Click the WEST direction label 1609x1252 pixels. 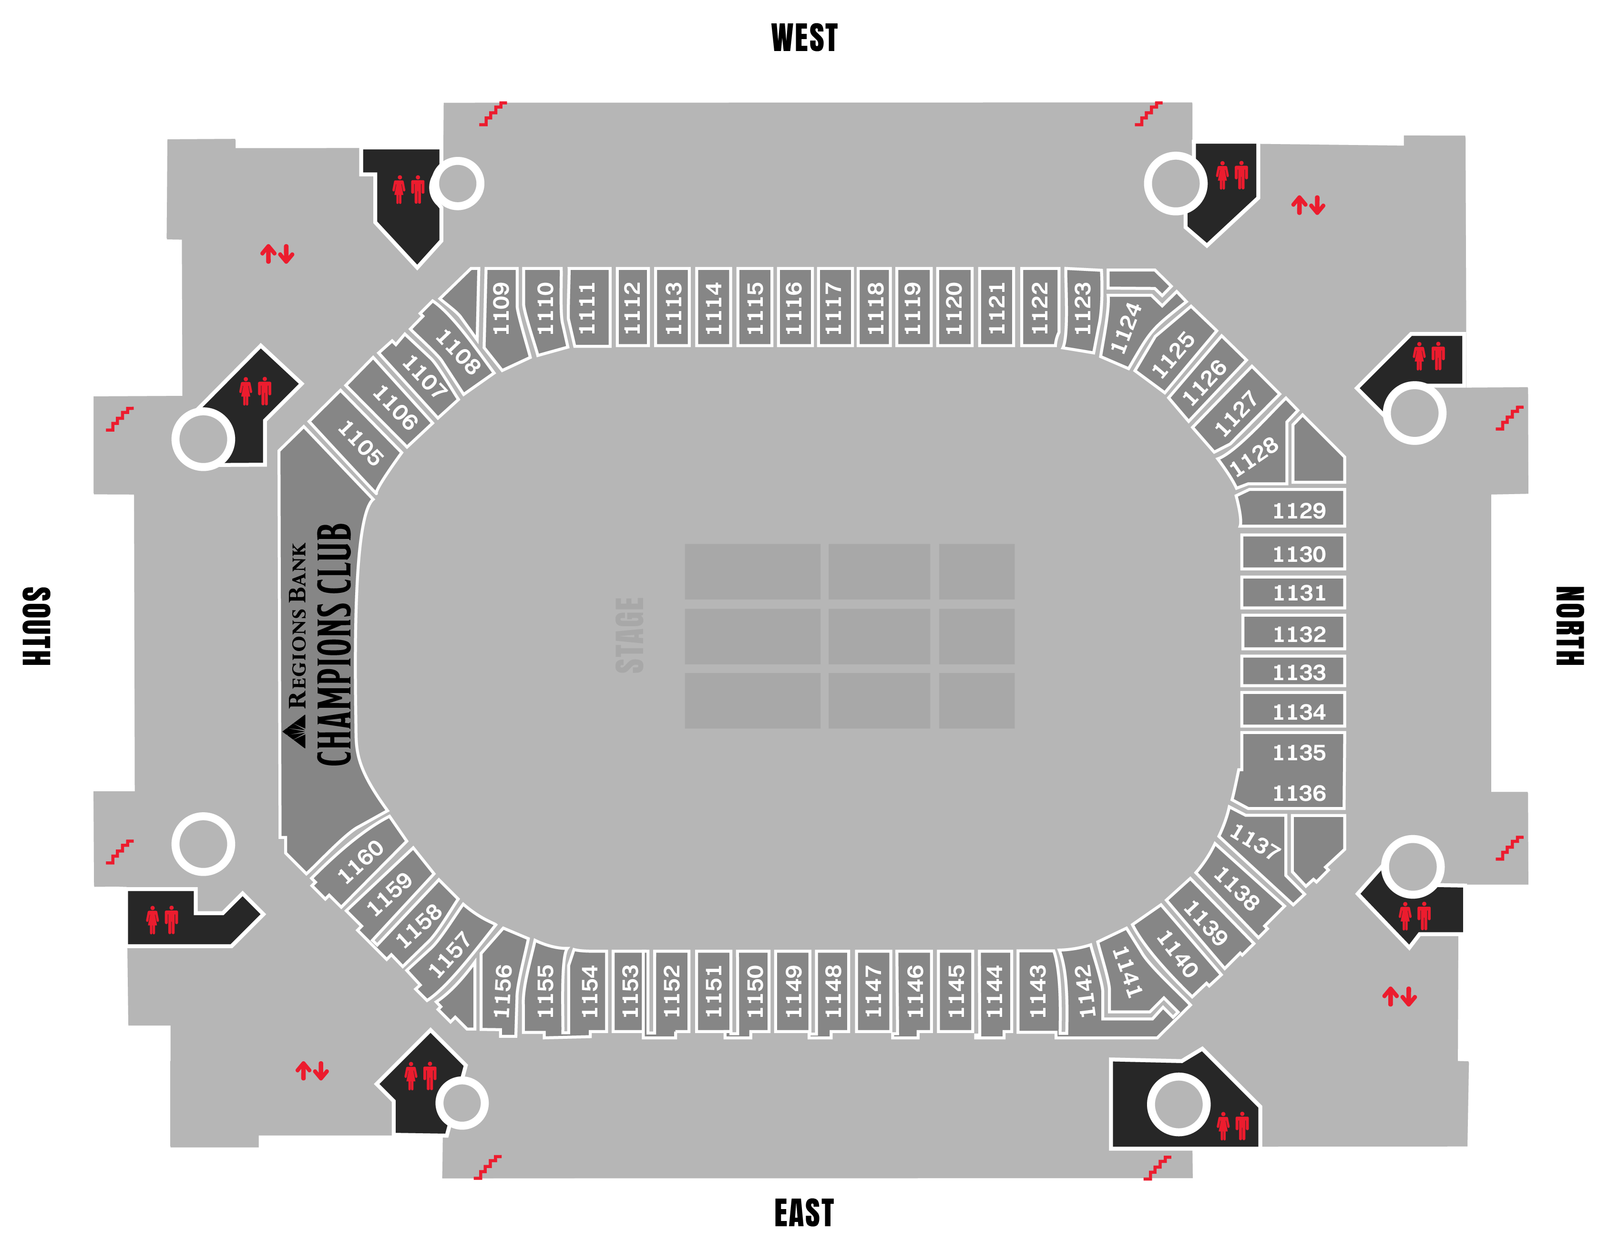tap(804, 38)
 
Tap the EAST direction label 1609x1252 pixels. tap(804, 1212)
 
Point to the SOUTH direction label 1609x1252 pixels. tap(37, 626)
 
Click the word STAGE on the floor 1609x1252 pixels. tap(630, 635)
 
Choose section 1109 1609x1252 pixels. tap(502, 310)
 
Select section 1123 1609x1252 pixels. tap(1082, 310)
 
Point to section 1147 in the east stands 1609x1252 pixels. tap(874, 991)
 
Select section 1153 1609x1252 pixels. tap(630, 991)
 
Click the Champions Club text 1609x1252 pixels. tap(335, 645)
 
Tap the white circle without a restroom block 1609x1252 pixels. tap(204, 844)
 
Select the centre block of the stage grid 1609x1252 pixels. tap(879, 636)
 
